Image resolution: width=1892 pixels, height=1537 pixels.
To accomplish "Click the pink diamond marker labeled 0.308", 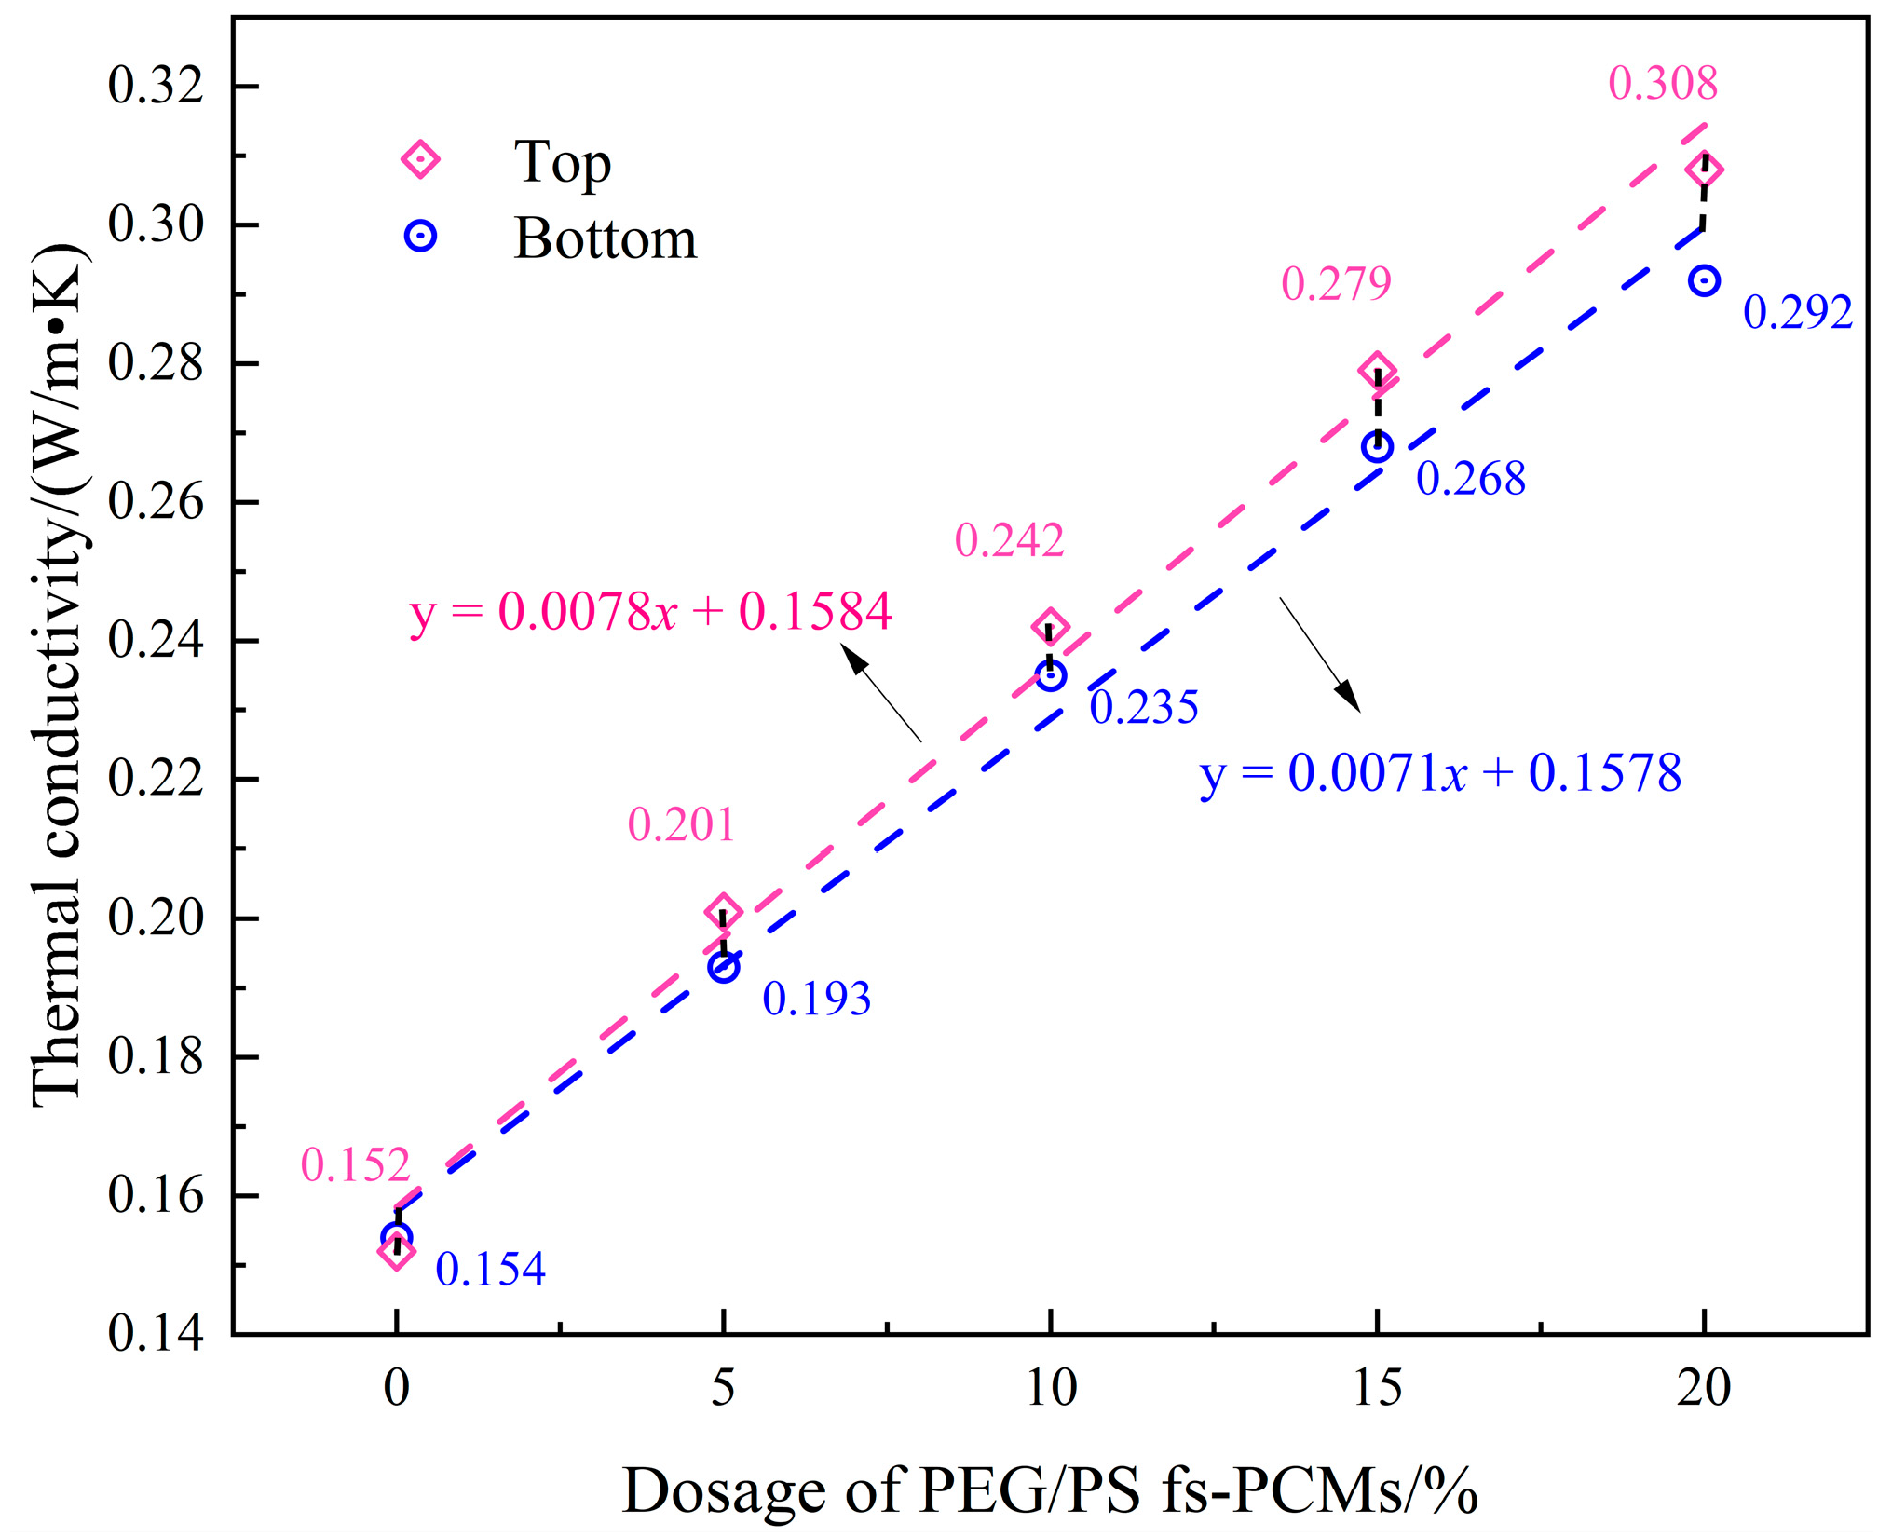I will (1704, 170).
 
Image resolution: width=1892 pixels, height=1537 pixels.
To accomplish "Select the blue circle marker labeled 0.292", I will (1704, 280).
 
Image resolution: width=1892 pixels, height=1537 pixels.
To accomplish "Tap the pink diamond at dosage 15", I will (1377, 371).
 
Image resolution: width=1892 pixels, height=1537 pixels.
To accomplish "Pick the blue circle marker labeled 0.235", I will (1051, 675).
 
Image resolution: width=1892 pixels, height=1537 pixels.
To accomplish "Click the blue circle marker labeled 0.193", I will (724, 967).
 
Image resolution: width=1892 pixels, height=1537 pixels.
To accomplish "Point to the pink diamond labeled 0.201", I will (724, 912).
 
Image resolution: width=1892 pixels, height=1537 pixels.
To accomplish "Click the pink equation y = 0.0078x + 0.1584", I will (650, 612).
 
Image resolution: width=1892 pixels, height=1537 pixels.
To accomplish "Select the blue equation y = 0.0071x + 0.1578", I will (1440, 773).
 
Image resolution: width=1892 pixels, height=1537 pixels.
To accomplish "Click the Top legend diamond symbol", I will (420, 159).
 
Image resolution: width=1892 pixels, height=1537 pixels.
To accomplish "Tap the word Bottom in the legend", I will (605, 238).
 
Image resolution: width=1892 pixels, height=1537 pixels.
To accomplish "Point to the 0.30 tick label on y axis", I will (155, 224).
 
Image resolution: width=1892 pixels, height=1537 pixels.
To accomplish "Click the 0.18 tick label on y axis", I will (155, 1056).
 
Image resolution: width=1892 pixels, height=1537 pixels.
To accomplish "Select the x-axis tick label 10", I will (1051, 1389).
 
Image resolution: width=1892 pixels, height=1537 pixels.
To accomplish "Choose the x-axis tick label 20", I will (1704, 1389).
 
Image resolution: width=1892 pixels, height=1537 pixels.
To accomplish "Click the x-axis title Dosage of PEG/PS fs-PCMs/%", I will (1049, 1490).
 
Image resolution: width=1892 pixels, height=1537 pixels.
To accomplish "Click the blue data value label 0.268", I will (1470, 479).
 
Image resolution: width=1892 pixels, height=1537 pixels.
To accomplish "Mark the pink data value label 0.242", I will (1009, 540).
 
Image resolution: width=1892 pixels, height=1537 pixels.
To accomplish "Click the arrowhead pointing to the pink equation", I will (852, 658).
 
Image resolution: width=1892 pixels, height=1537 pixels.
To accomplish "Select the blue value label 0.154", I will (490, 1269).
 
